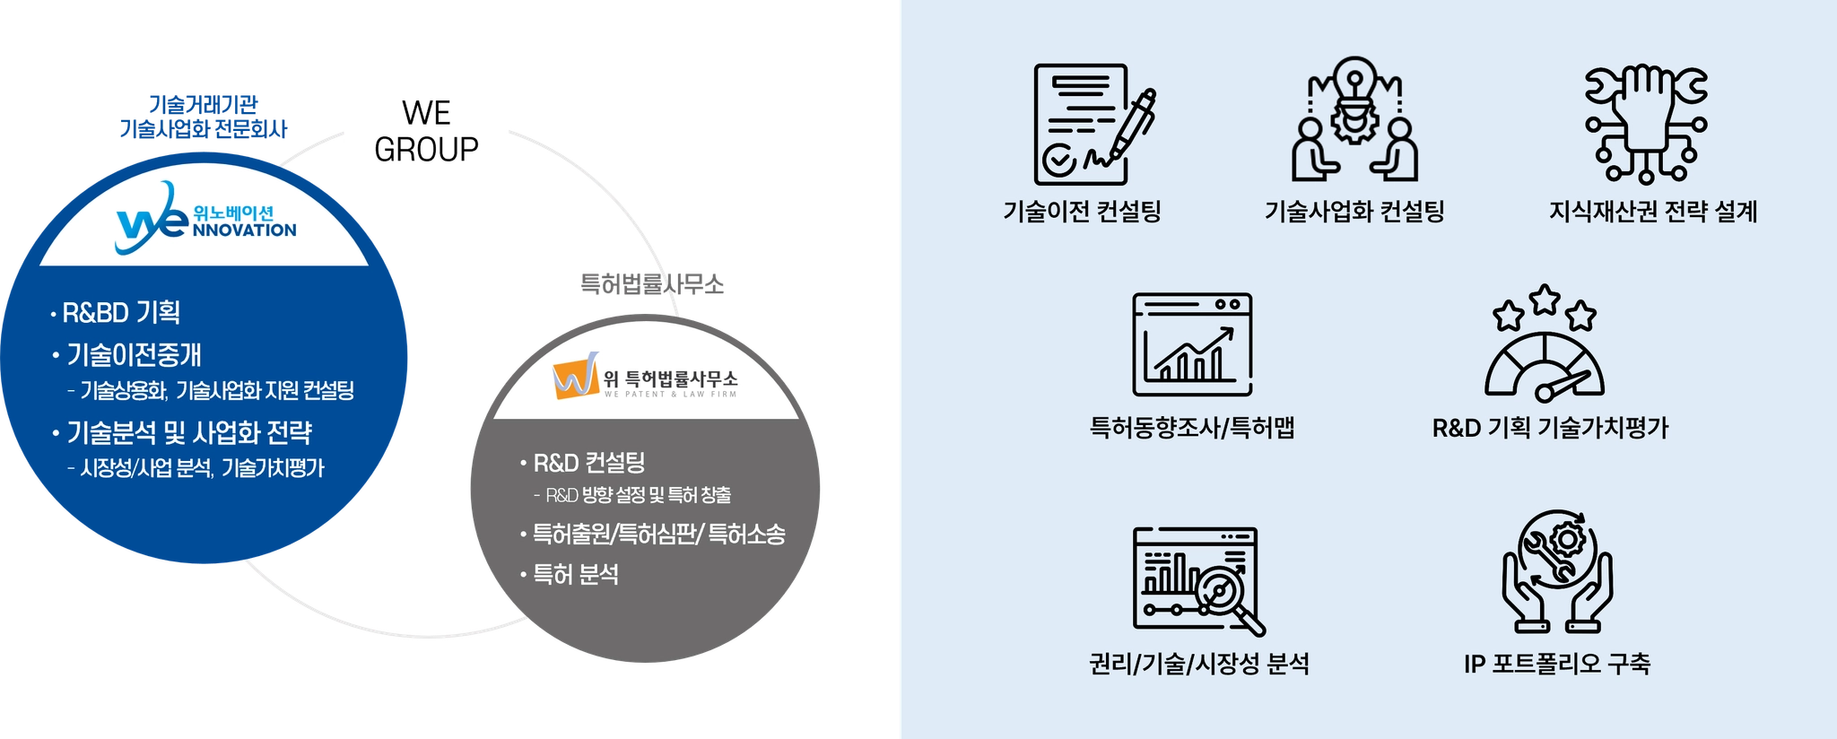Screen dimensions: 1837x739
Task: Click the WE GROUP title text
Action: [x=426, y=131]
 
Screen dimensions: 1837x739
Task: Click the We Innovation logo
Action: [x=205, y=218]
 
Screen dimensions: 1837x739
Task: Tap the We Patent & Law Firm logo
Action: [x=645, y=376]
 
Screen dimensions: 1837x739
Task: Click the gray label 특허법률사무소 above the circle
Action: [x=652, y=284]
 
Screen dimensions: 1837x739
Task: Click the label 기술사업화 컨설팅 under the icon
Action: [x=1354, y=211]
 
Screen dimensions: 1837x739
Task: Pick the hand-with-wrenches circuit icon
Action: [x=1646, y=124]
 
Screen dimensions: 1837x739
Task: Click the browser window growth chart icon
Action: [x=1192, y=344]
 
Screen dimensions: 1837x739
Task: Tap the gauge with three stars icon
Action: [x=1545, y=343]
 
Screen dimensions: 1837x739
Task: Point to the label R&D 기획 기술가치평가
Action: [x=1550, y=428]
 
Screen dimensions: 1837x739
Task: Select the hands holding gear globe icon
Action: [x=1558, y=572]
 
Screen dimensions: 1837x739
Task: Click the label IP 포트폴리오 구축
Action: [x=1557, y=664]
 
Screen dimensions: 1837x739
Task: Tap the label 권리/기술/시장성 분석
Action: [x=1199, y=664]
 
